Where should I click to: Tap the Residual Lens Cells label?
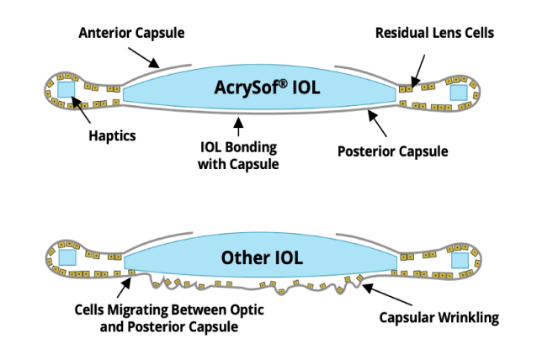pos(434,33)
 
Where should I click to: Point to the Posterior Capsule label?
pos(392,151)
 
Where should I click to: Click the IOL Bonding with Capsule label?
pos(238,156)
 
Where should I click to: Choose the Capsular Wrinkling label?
pos(439,317)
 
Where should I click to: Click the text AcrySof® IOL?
pos(258,87)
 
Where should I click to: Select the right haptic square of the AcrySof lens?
pos(459,92)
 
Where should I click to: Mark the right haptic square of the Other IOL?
pos(459,261)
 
